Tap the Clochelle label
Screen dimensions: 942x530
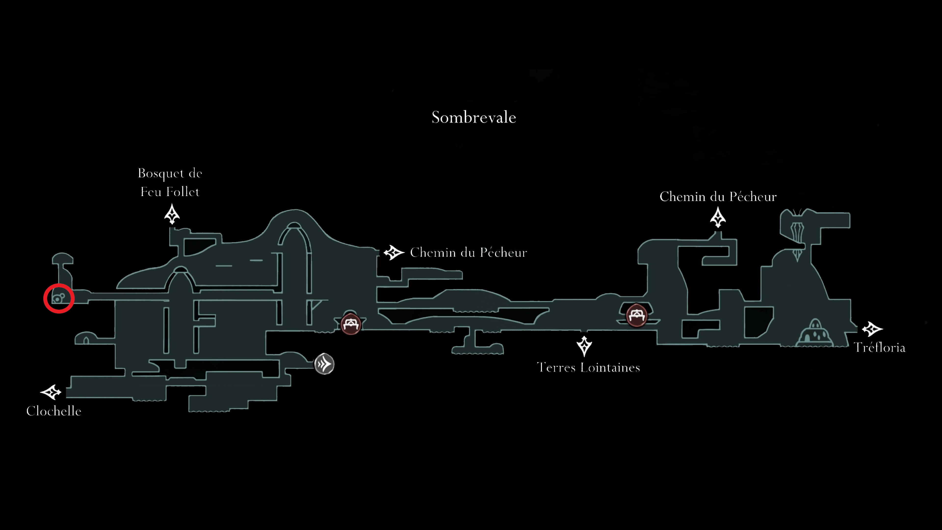pyautogui.click(x=54, y=411)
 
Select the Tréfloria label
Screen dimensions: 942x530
pyautogui.click(x=879, y=347)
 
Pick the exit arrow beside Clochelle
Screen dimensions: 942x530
pyautogui.click(x=51, y=392)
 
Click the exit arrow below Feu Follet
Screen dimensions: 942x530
pyautogui.click(x=172, y=214)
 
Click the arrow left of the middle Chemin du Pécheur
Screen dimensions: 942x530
pyautogui.click(x=394, y=252)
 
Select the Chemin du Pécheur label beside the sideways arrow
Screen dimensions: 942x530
pyautogui.click(x=469, y=252)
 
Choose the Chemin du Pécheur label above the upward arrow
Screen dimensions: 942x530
pyautogui.click(x=718, y=196)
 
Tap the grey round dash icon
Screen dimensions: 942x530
pyautogui.click(x=324, y=364)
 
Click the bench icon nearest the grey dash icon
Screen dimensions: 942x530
pyautogui.click(x=351, y=324)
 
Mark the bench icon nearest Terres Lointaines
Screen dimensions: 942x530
pyautogui.click(x=636, y=315)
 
